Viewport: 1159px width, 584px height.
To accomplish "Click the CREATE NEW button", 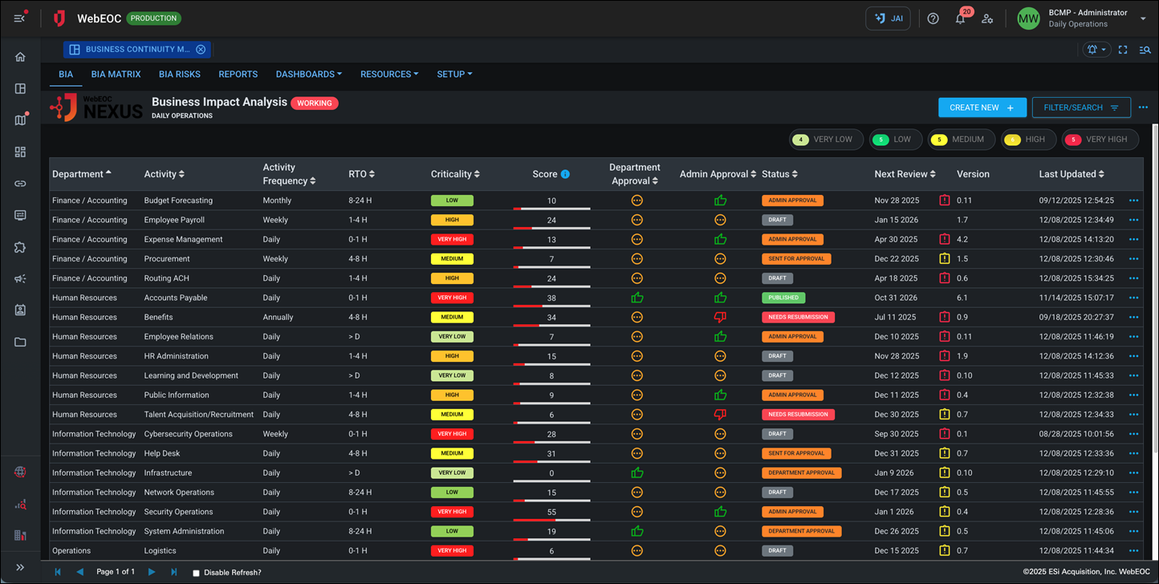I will tap(982, 107).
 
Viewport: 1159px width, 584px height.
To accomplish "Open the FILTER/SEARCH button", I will tap(1080, 107).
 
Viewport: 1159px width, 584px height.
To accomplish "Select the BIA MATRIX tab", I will tap(116, 74).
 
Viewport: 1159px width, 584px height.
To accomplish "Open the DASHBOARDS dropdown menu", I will tap(308, 74).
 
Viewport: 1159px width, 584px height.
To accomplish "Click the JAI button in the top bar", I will tap(888, 18).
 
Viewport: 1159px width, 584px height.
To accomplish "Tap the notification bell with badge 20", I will tap(960, 18).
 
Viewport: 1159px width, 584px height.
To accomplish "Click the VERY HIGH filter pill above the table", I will tap(1100, 140).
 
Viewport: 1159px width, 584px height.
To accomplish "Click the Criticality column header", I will tap(455, 174).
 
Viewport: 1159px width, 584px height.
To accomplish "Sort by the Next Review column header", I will tap(905, 174).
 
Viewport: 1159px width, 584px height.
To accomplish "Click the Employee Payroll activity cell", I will tap(174, 220).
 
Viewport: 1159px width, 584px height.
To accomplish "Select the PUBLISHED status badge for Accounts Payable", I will tap(783, 298).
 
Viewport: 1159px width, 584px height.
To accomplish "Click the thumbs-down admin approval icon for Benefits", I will tap(720, 318).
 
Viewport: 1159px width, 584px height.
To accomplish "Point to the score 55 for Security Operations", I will tap(551, 512).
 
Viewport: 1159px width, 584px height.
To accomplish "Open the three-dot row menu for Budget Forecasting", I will tap(1133, 201).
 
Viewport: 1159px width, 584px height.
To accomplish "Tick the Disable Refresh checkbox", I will tap(197, 573).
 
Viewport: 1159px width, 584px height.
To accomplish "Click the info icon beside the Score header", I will tap(565, 174).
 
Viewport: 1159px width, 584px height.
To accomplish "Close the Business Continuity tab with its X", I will tap(201, 50).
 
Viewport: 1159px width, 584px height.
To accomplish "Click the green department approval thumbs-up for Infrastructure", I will tap(637, 473).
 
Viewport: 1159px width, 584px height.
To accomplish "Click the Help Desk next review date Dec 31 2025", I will tap(897, 453).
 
